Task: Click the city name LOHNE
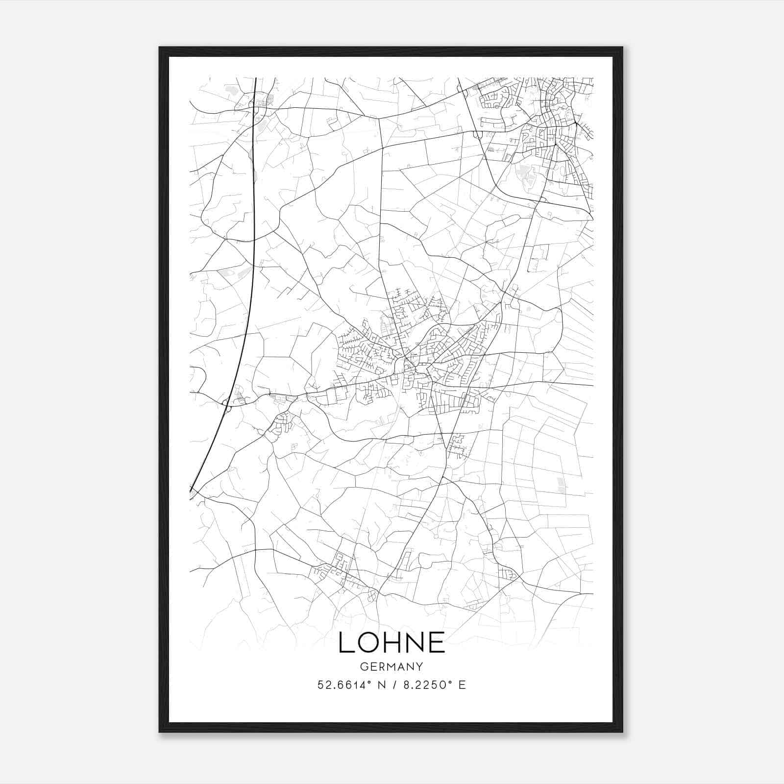[392, 642]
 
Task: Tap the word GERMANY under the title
[392, 667]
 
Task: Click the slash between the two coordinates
[392, 685]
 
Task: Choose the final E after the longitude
[462, 685]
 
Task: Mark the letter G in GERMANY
[364, 667]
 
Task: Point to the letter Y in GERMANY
[419, 667]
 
